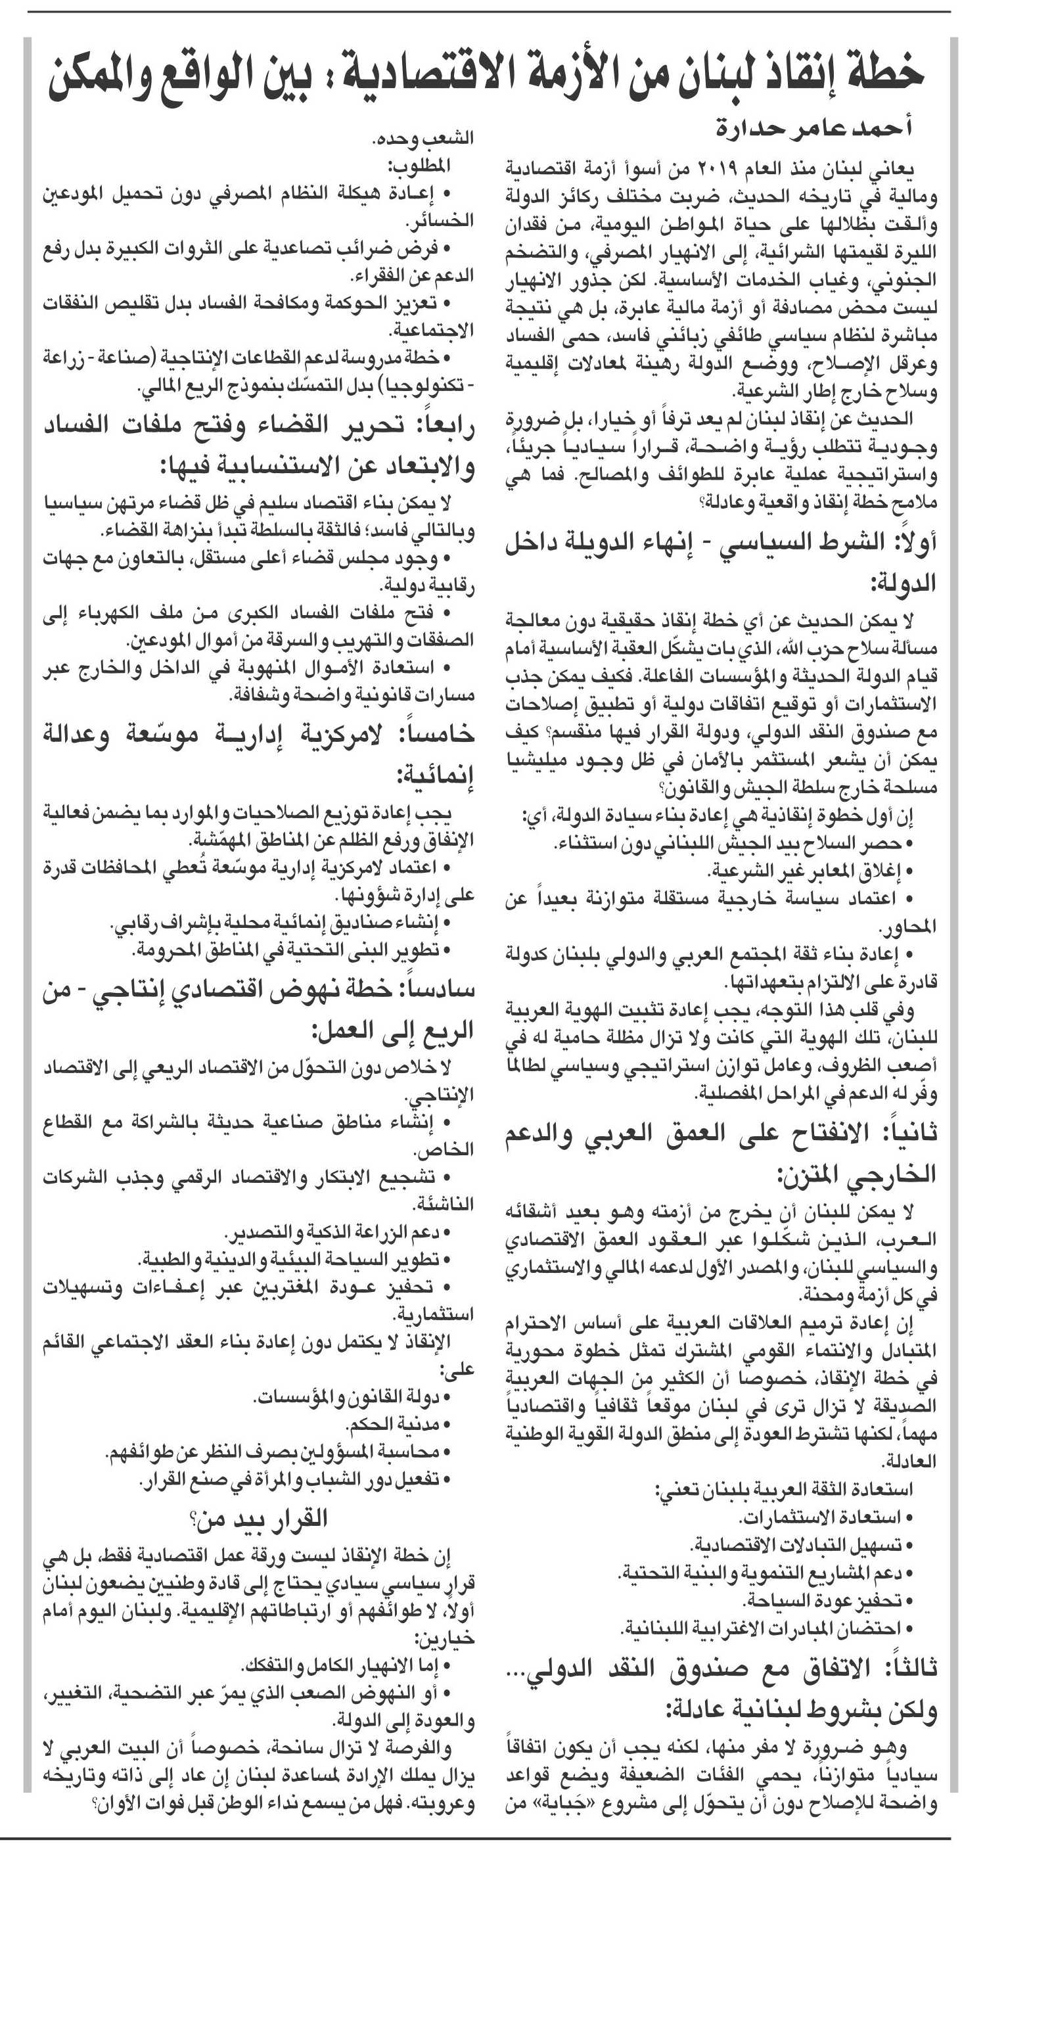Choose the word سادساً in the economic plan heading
click(x=436, y=989)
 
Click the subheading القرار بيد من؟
click(x=260, y=1518)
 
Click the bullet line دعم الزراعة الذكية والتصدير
click(x=338, y=1231)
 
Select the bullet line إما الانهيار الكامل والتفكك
click(x=346, y=1666)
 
